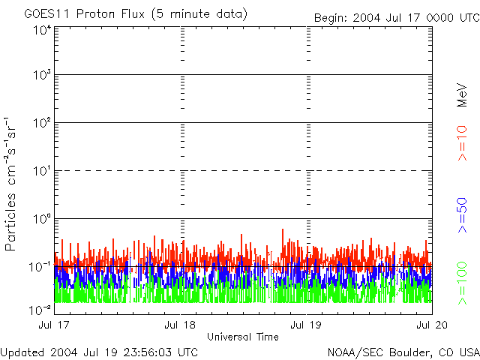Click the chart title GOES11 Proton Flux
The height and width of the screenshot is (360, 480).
135,14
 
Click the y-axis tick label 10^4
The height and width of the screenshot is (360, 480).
41,29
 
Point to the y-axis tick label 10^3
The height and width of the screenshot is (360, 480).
41,76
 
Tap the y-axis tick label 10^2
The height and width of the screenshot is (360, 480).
41,124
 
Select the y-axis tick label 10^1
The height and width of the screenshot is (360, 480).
41,172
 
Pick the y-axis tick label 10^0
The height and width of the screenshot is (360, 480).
41,220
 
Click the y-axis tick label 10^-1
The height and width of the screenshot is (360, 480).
40,267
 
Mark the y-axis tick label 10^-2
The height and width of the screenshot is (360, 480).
40,310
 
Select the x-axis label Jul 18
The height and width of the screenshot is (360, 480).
180,325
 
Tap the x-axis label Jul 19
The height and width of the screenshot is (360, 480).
306,325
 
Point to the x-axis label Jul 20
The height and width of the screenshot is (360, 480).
431,325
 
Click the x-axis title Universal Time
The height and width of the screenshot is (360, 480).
242,337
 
